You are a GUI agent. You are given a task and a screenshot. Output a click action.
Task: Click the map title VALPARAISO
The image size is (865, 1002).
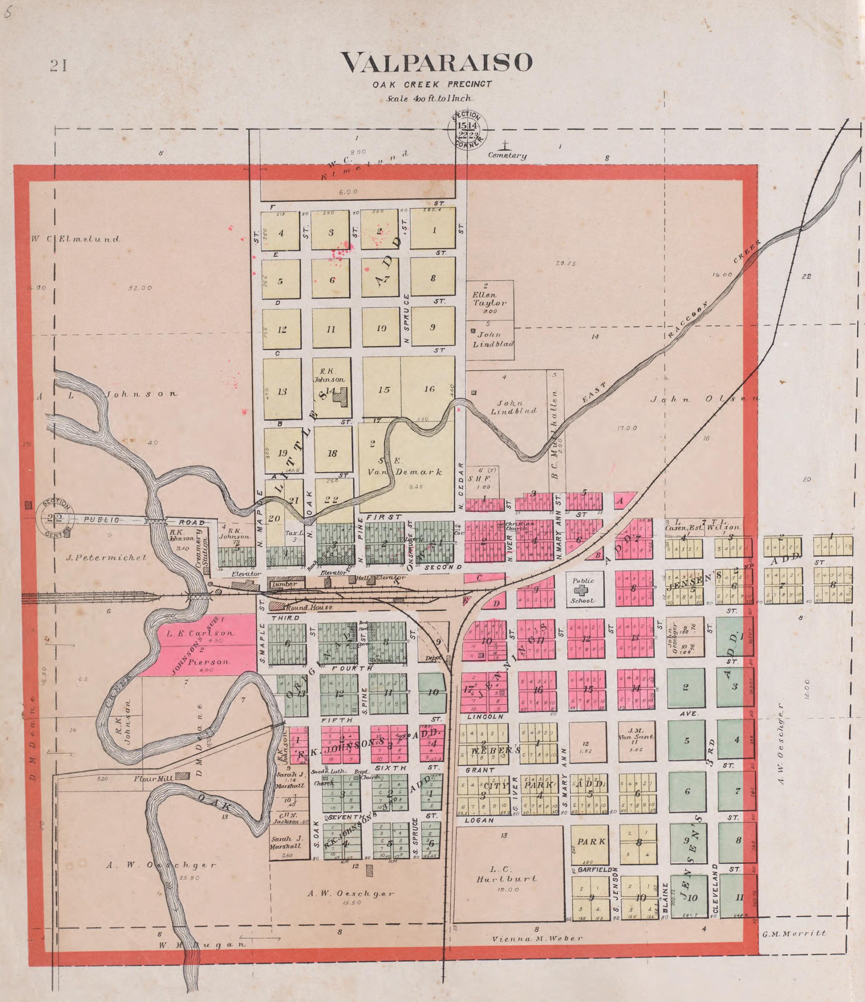tap(436, 62)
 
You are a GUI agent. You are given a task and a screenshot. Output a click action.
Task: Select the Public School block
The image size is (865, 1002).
tap(585, 591)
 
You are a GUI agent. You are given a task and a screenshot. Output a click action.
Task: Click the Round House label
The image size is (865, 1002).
tap(309, 607)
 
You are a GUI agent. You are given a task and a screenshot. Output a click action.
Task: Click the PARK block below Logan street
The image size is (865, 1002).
tap(591, 841)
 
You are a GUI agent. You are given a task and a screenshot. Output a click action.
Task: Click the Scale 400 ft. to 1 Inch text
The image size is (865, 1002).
tap(430, 98)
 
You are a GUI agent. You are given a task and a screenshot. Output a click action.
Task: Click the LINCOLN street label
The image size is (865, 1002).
tap(486, 716)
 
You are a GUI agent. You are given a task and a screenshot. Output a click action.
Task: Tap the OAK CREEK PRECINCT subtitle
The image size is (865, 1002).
tap(432, 84)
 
